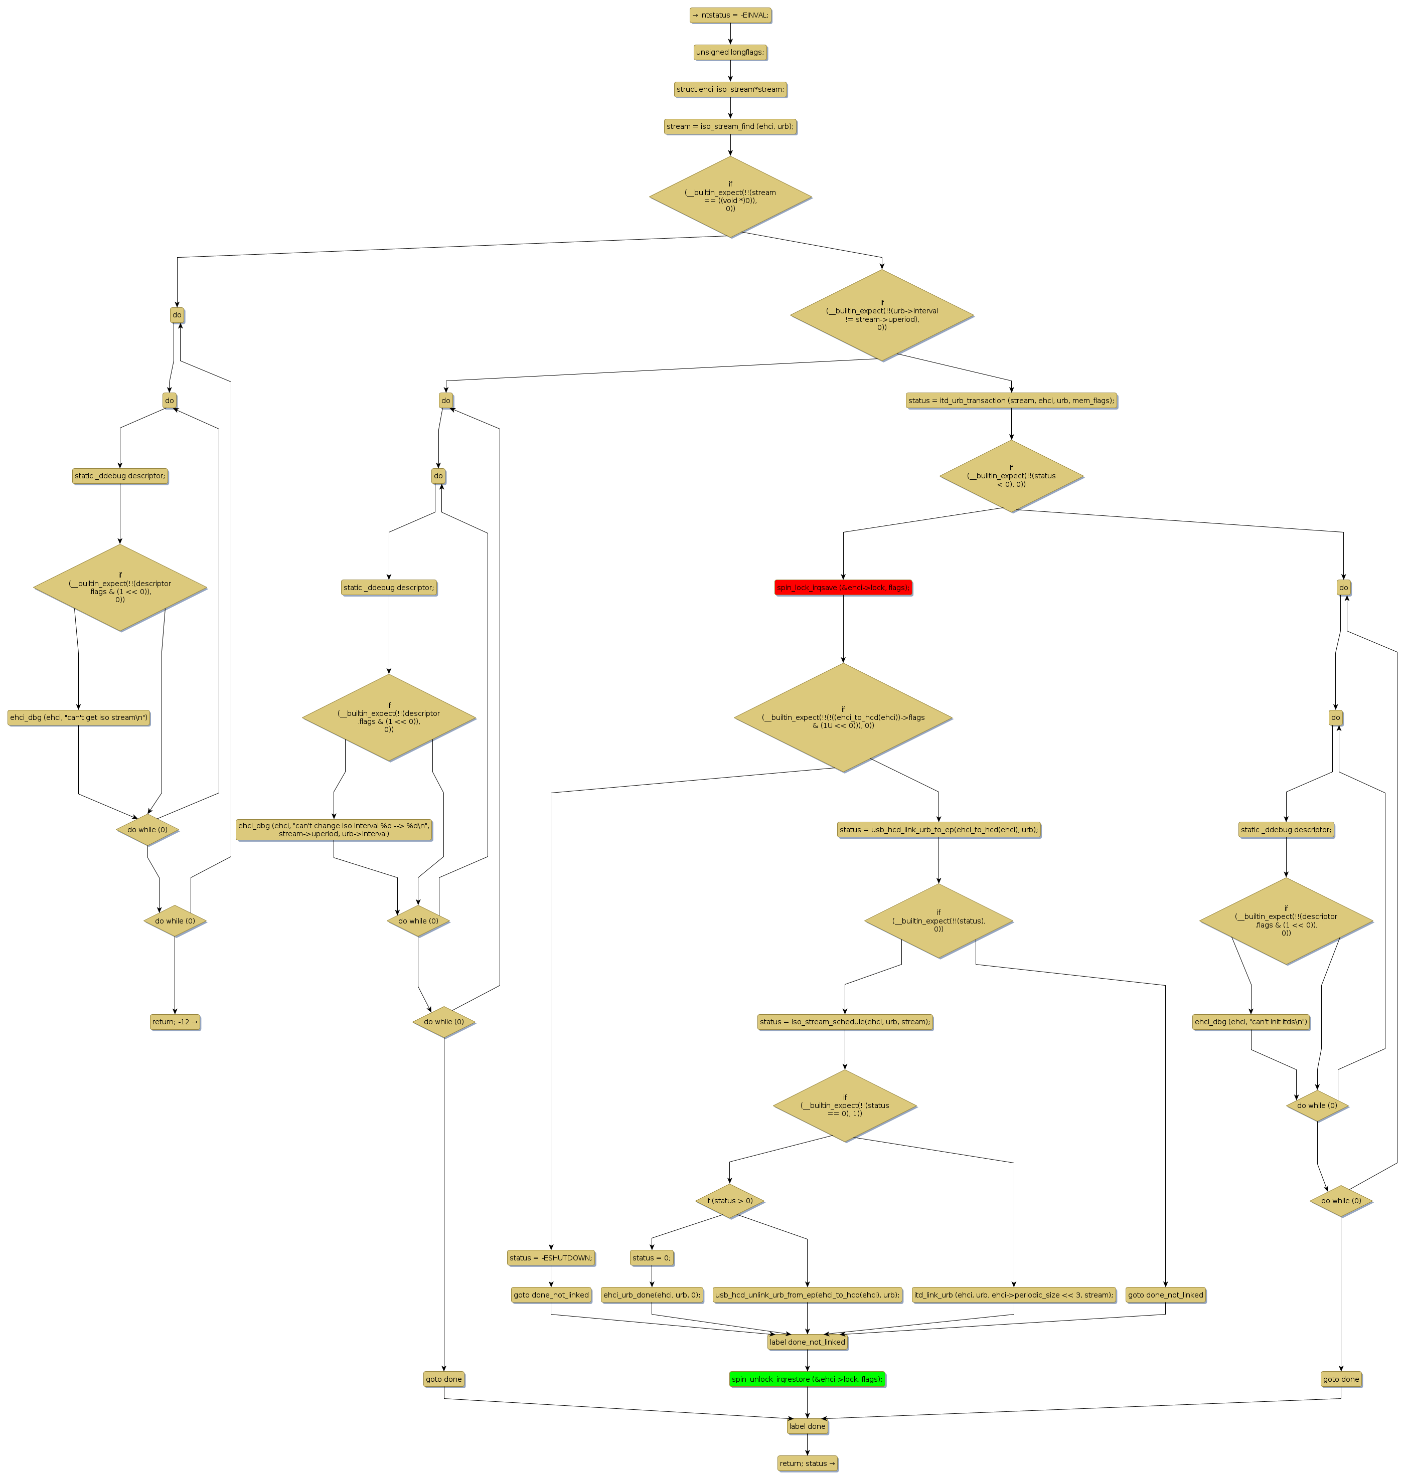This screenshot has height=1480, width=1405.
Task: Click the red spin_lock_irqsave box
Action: coord(843,588)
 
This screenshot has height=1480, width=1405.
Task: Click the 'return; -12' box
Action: coord(175,1022)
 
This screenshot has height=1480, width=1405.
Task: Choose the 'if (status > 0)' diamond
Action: coord(729,1201)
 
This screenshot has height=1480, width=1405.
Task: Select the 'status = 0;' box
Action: coord(652,1258)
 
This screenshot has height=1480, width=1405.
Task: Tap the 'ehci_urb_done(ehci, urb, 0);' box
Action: coord(652,1295)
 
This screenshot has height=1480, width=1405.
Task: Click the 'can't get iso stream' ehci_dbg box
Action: coord(79,718)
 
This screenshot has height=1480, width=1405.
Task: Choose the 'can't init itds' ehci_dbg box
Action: coord(1251,1022)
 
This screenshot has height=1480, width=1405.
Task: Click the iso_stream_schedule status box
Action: coord(844,1022)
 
